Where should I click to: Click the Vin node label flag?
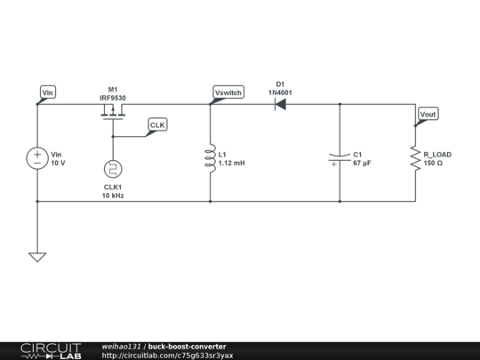(49, 92)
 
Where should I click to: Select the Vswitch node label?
(228, 92)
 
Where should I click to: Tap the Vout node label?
(428, 114)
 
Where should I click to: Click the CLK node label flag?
(156, 125)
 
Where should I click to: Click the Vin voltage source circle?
(37, 159)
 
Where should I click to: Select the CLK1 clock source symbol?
(113, 169)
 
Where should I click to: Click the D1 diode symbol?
(280, 104)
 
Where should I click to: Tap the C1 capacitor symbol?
(340, 159)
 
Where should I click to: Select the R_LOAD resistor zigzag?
(414, 159)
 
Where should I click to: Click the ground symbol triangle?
(37, 257)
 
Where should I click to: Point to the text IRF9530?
(113, 98)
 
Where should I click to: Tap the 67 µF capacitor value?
(362, 164)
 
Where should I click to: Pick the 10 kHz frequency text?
(113, 196)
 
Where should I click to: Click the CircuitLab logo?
(44, 350)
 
